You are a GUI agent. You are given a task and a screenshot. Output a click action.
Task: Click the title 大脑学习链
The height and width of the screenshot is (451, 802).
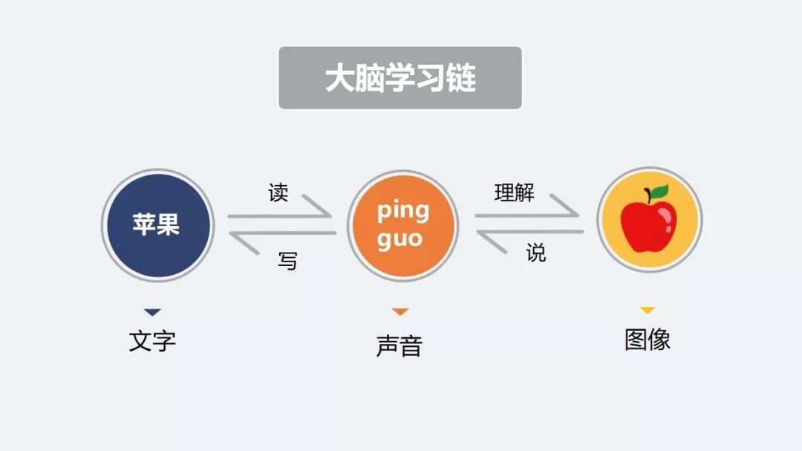click(400, 78)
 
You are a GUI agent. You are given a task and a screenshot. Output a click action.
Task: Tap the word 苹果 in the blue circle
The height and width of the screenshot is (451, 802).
click(157, 224)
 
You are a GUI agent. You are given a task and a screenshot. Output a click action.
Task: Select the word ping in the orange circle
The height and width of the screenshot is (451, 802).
click(402, 211)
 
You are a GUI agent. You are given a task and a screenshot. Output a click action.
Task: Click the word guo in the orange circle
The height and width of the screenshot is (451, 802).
click(400, 239)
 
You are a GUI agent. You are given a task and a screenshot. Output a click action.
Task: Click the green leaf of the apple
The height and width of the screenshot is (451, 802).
click(659, 193)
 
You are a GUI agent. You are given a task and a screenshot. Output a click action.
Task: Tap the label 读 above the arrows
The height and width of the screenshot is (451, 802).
click(278, 193)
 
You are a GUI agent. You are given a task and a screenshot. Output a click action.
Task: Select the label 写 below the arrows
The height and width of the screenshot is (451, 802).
click(287, 261)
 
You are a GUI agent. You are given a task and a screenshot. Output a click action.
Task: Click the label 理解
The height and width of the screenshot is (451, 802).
click(515, 193)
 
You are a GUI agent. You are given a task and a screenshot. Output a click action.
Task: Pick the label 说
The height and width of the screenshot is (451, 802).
click(536, 253)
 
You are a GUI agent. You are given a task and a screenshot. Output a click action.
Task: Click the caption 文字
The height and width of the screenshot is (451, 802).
click(152, 341)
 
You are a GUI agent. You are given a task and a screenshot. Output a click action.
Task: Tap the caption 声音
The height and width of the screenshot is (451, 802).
click(400, 346)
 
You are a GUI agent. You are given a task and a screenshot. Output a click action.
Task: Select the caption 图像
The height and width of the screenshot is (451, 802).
click(648, 340)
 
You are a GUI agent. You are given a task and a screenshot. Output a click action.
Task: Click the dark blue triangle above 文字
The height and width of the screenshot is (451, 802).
click(152, 313)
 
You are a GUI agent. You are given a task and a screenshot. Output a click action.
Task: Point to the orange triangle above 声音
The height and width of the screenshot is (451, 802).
click(400, 312)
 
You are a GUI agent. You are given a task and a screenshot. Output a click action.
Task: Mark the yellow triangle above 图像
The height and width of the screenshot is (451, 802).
click(648, 310)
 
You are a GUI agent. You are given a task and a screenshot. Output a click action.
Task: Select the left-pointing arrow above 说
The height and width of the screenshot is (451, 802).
click(528, 233)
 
